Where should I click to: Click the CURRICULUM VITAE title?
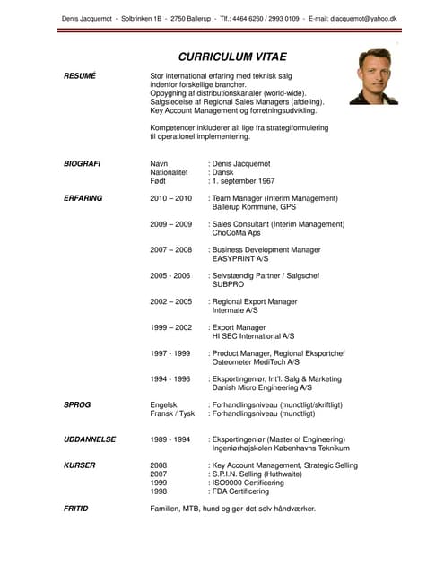pyautogui.click(x=231, y=56)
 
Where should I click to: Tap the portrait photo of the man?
pyautogui.click(x=374, y=76)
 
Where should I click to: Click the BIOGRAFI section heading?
pyautogui.click(x=83, y=164)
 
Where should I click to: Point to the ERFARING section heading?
pyautogui.click(x=83, y=198)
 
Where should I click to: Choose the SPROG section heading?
pyautogui.click(x=77, y=405)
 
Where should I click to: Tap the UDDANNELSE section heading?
pyautogui.click(x=90, y=439)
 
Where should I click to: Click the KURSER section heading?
pyautogui.click(x=80, y=465)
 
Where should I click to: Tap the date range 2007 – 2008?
pyautogui.click(x=171, y=249)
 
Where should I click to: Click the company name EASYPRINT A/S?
pyautogui.click(x=240, y=258)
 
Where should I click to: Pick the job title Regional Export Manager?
pyautogui.click(x=255, y=301)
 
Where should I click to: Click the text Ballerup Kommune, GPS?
pyautogui.click(x=254, y=207)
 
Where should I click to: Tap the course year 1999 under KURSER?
pyautogui.click(x=159, y=483)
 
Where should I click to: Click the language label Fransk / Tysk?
pyautogui.click(x=172, y=414)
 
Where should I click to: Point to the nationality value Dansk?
pyautogui.click(x=223, y=172)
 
